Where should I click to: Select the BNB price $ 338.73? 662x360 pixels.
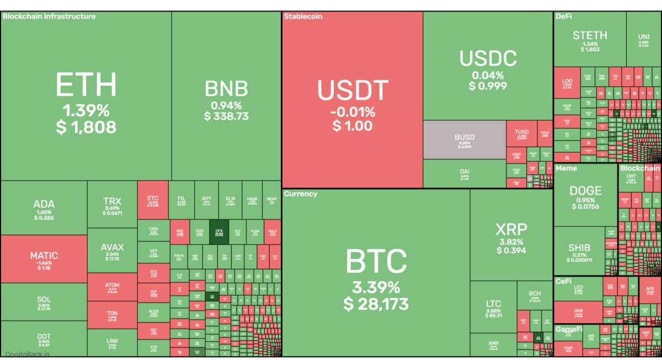[226, 116]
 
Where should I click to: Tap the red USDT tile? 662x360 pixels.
[353, 102]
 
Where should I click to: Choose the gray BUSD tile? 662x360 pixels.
[465, 141]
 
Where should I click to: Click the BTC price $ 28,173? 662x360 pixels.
[376, 304]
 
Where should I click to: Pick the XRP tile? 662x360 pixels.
[511, 237]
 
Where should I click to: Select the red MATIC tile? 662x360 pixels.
[44, 259]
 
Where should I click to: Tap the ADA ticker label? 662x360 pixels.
[44, 204]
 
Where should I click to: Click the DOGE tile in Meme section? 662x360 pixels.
[585, 196]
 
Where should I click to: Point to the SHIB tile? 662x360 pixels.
[579, 251]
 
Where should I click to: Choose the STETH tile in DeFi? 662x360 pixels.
[590, 40]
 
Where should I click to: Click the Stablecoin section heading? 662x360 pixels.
[303, 17]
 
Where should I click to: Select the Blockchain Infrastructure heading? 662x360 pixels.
[49, 17]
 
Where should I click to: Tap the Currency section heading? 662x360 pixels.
[301, 194]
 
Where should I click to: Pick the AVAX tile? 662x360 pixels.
[112, 251]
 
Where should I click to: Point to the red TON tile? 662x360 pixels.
[112, 315]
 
